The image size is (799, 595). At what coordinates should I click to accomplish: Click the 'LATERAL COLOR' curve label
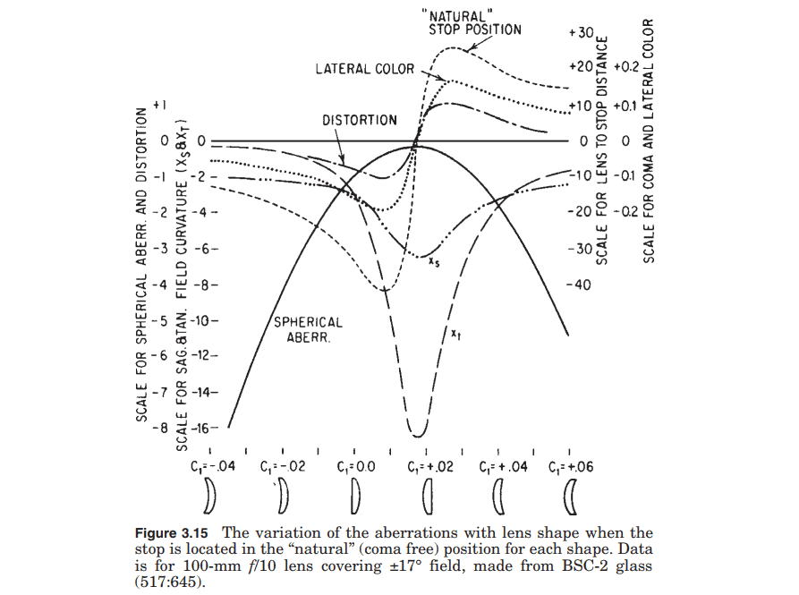pos(365,69)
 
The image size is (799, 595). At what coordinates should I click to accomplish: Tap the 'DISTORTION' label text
pos(360,120)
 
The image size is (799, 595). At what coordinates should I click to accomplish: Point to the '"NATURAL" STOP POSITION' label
pos(474,22)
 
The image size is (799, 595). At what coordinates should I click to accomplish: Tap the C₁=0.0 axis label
pos(355,467)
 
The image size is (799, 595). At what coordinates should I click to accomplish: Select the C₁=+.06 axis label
pos(569,467)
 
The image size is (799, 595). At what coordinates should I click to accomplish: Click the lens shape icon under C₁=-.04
pos(210,494)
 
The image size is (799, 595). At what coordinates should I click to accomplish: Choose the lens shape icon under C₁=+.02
pos(427,494)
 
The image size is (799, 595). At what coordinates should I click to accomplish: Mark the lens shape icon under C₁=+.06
pos(570,494)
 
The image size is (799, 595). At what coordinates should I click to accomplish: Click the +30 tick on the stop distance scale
pos(582,32)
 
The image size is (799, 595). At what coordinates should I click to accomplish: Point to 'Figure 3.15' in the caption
pos(170,533)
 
